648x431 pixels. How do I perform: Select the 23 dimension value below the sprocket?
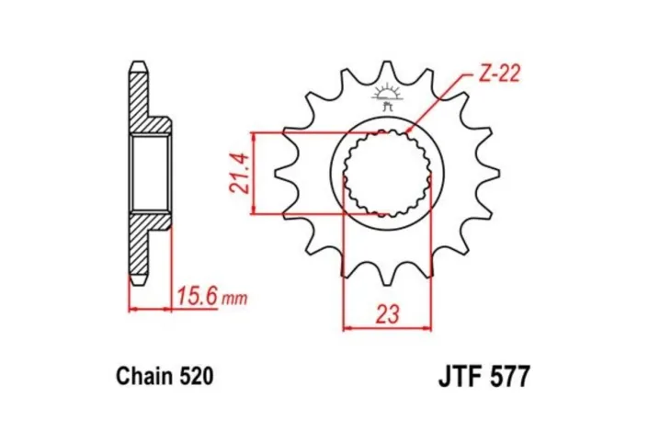[x=387, y=313]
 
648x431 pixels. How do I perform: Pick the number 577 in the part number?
[x=509, y=377]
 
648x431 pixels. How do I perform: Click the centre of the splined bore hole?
[x=387, y=174]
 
